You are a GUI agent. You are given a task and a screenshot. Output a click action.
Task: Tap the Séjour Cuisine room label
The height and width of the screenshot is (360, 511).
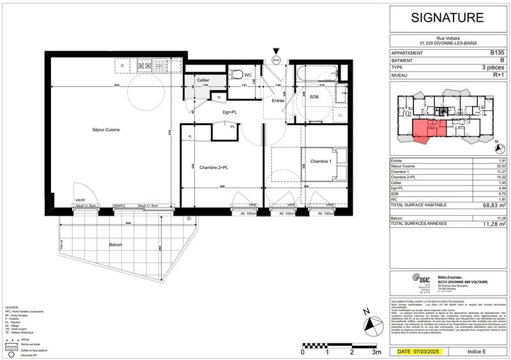coord(105,130)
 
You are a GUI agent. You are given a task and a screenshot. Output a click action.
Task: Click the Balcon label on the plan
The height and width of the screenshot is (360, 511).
coord(115,244)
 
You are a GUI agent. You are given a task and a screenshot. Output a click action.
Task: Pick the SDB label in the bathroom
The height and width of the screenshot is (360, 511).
coord(314,96)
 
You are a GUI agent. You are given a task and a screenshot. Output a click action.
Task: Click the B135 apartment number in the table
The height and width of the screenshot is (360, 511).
coord(496,54)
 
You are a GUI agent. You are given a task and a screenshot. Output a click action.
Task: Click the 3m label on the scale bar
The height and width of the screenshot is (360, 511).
coord(377,351)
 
